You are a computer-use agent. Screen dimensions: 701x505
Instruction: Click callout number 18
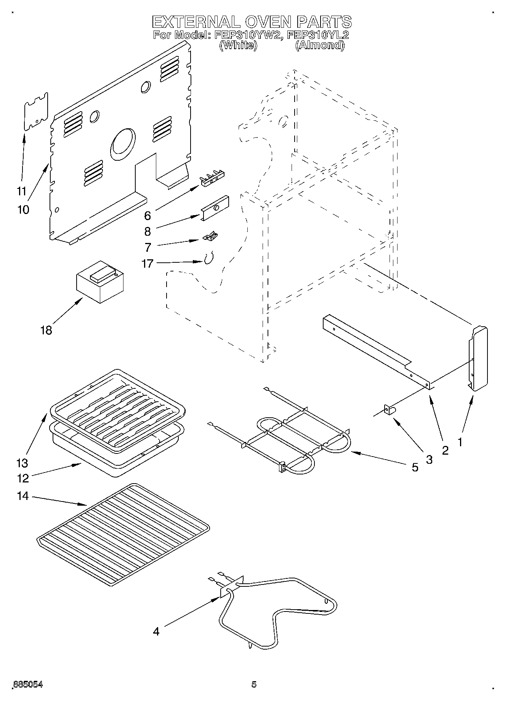click(46, 330)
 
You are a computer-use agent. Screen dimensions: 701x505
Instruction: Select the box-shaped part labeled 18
click(100, 283)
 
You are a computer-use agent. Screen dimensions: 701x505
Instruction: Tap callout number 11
click(22, 191)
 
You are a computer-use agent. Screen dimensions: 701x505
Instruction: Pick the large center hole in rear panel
click(123, 144)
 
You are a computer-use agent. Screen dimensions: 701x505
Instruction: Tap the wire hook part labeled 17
click(208, 259)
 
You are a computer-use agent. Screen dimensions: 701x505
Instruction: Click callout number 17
click(147, 263)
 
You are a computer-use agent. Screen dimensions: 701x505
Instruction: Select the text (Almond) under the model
click(320, 45)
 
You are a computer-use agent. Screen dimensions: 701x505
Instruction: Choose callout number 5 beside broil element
click(415, 467)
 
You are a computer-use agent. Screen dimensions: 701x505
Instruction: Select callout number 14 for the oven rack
click(23, 496)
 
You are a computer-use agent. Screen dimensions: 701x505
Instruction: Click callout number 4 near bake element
click(156, 631)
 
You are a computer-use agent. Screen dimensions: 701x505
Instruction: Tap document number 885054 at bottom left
click(28, 685)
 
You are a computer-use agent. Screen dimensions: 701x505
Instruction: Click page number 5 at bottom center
click(254, 685)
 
